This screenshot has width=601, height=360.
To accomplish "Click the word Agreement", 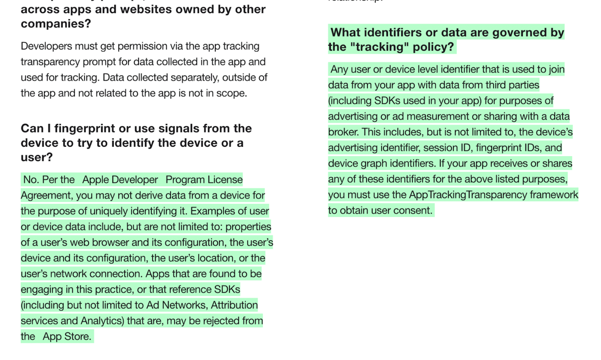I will click(46, 195).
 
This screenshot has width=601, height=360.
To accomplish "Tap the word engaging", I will click(41, 289).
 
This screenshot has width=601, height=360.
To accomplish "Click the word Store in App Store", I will click(77, 337).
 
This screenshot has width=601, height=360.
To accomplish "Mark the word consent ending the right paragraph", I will click(415, 210).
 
